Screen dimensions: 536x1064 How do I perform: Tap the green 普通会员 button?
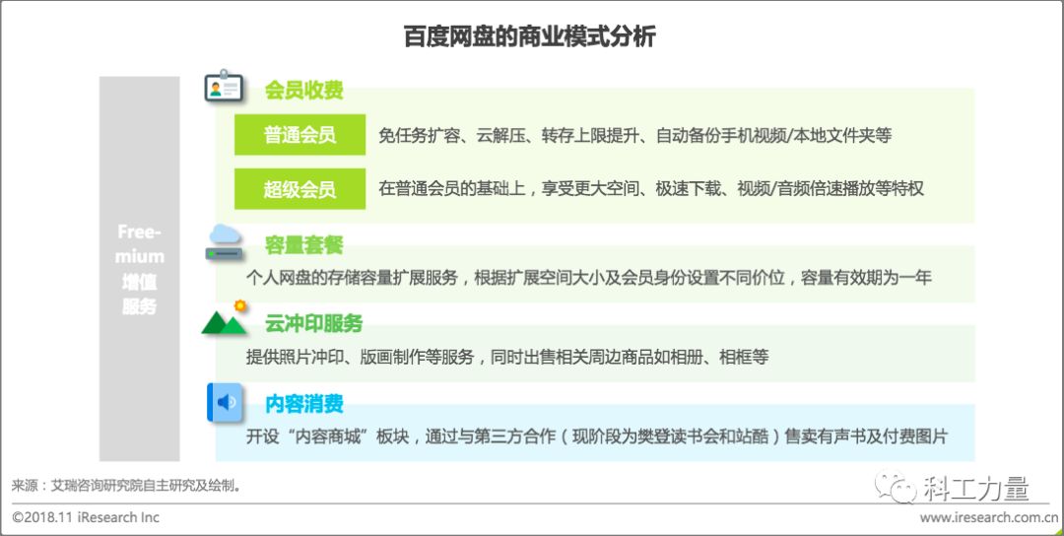[299, 135]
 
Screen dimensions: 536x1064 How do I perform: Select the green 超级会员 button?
[299, 188]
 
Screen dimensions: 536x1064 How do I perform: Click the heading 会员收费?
[303, 91]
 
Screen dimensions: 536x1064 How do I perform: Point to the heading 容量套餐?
[303, 245]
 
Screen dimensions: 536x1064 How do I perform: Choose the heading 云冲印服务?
[313, 323]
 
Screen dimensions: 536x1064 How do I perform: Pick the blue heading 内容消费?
[303, 403]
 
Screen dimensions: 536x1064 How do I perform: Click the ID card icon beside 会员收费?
[224, 89]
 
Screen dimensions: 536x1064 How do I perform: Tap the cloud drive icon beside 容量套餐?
[225, 242]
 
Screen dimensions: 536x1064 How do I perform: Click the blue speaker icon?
[225, 402]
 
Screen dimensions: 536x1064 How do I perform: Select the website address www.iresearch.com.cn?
[989, 517]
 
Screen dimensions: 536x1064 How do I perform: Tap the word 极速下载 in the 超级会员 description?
[689, 188]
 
